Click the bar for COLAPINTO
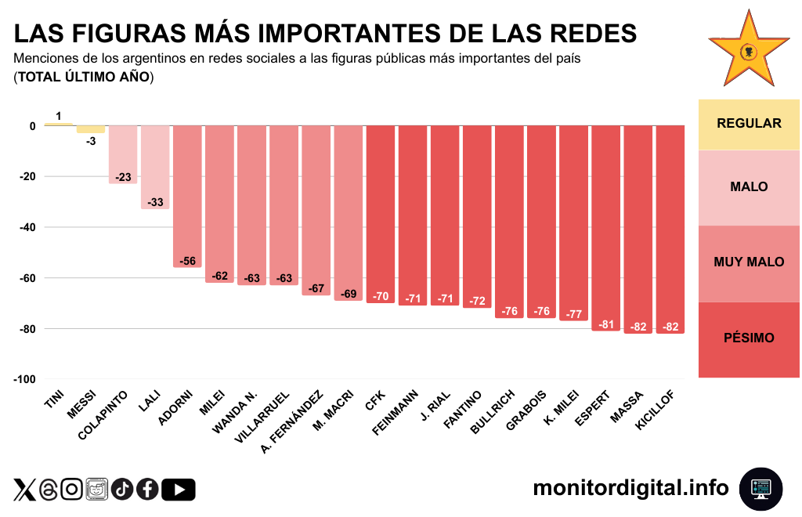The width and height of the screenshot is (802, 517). (x=123, y=154)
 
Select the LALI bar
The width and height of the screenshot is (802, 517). (x=155, y=167)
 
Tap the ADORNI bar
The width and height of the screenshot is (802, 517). (x=187, y=196)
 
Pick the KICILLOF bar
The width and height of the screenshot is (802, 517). (x=670, y=229)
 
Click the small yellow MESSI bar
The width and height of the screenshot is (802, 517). (x=91, y=129)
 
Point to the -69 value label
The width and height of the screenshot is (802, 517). (x=349, y=295)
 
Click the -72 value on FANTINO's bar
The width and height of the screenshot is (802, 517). (x=477, y=301)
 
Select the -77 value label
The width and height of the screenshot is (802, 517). (x=573, y=314)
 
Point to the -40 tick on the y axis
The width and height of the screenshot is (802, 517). (x=26, y=227)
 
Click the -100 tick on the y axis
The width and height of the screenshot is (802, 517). (x=23, y=379)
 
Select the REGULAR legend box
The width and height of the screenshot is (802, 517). (x=749, y=124)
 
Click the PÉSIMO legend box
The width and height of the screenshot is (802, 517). (x=749, y=338)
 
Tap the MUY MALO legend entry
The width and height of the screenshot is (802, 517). (x=749, y=262)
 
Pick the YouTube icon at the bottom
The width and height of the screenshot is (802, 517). (x=179, y=490)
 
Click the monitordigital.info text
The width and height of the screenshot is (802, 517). (x=630, y=488)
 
